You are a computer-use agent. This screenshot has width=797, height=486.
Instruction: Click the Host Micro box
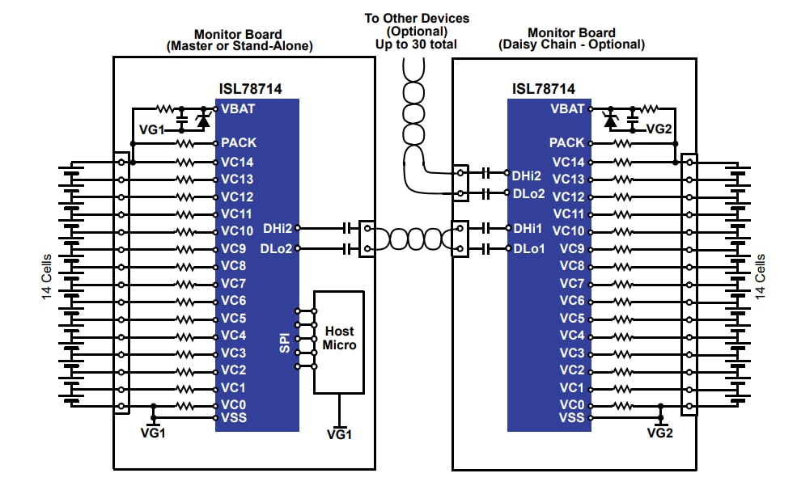click(339, 341)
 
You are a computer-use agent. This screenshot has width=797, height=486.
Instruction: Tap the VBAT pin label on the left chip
click(240, 108)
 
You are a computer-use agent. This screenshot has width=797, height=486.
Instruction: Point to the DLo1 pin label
click(529, 248)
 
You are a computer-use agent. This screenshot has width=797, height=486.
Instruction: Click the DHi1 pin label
click(528, 230)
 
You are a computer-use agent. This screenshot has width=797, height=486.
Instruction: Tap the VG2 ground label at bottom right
click(660, 432)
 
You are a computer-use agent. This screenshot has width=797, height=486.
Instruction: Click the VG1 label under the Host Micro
click(339, 434)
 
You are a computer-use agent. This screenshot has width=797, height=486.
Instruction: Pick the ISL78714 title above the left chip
click(251, 89)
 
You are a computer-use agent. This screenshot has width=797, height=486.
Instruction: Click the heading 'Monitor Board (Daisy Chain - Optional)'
click(574, 40)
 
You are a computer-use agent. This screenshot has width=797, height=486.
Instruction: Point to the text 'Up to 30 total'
click(416, 44)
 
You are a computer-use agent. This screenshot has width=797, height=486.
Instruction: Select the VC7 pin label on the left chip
click(233, 283)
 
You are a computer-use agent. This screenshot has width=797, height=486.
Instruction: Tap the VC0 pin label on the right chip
click(571, 405)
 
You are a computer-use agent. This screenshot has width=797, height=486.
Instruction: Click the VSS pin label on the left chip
click(234, 417)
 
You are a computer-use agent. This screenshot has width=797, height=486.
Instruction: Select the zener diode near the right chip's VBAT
click(611, 119)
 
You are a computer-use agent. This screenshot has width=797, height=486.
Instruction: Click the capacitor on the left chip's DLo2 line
click(348, 248)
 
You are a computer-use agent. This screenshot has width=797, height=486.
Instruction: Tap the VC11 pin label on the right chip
click(568, 213)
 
